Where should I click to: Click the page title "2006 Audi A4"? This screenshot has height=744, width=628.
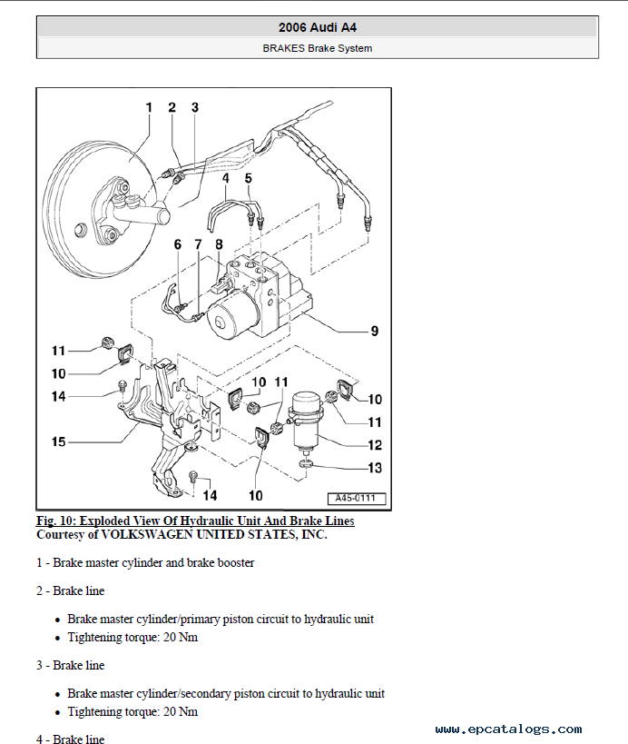click(x=317, y=28)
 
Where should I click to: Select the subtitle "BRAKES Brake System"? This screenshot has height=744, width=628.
click(x=317, y=48)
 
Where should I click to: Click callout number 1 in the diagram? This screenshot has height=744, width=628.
click(x=149, y=108)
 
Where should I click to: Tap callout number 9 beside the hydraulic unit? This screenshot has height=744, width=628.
click(x=374, y=332)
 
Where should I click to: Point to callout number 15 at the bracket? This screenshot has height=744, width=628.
click(x=58, y=442)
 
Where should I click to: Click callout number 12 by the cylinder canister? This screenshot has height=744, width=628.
click(x=374, y=445)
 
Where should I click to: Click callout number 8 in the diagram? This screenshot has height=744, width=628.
click(x=219, y=243)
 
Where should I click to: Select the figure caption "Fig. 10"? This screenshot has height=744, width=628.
click(x=195, y=521)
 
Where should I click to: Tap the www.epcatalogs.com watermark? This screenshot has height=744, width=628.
click(x=508, y=729)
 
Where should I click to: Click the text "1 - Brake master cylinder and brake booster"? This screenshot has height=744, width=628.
click(x=145, y=562)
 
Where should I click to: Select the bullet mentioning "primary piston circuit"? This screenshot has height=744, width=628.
click(x=221, y=620)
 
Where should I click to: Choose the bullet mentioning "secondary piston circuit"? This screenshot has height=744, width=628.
click(x=226, y=694)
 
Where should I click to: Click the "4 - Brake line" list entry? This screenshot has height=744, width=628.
click(x=71, y=739)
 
